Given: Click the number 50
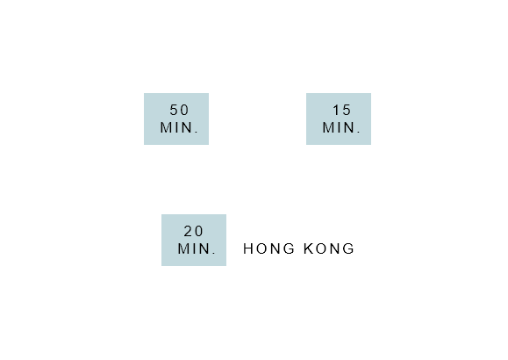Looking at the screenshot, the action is [179, 110].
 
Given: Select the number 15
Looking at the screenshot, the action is [342, 110].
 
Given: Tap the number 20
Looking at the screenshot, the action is [193, 231].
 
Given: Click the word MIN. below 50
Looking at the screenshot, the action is [179, 127].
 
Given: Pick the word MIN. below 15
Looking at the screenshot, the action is [341, 127].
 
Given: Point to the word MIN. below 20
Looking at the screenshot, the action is [197, 248].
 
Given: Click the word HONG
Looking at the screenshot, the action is [268, 248].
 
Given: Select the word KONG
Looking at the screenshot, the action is [329, 248].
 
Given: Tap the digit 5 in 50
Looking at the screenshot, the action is [174, 110].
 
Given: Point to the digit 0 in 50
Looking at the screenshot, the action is [184, 110].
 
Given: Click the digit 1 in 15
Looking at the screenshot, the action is [336, 110].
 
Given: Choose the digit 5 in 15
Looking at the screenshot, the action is [347, 110].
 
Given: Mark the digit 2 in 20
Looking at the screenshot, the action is [189, 231].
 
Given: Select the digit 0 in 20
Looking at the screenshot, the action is [198, 231].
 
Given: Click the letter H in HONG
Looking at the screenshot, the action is [247, 248].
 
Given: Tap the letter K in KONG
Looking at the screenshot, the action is [308, 248].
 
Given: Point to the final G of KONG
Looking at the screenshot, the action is [349, 248].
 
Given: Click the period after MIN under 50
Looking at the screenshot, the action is [197, 132].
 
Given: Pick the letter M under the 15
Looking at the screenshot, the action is [327, 127].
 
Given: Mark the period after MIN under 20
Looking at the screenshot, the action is [214, 253].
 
